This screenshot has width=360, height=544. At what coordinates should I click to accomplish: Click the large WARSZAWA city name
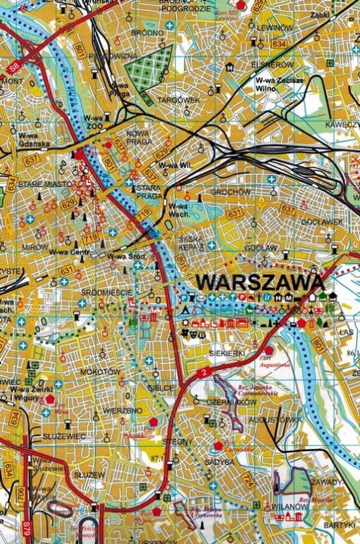coord(260,281)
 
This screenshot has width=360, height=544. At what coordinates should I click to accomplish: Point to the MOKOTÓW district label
coord(101,372)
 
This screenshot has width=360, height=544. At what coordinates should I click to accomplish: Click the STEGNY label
coord(177,442)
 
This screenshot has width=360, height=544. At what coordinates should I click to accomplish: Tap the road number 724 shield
coord(247,479)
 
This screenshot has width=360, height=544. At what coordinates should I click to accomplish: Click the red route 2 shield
coord(205,371)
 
